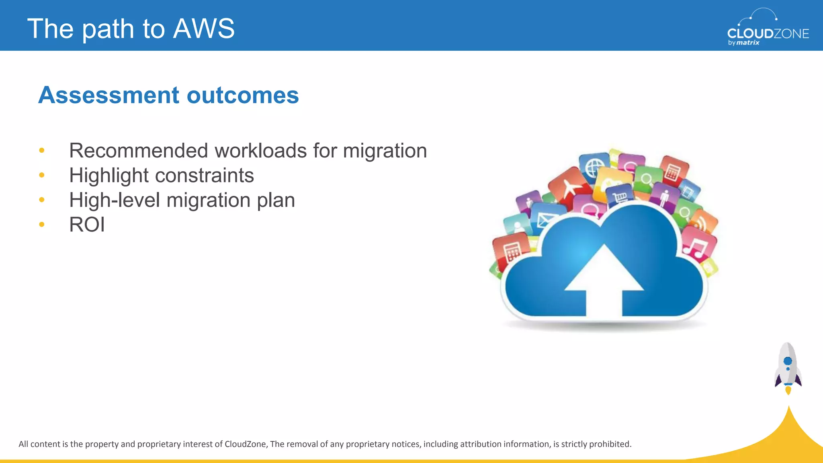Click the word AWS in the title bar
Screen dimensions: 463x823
pos(204,29)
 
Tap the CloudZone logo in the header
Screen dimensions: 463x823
pos(768,28)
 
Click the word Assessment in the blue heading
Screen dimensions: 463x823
pos(109,95)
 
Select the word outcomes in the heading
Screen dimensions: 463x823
pos(243,95)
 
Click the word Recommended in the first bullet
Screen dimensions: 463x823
pos(138,151)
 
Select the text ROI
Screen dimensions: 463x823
pos(87,224)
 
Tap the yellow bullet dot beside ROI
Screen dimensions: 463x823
pos(42,224)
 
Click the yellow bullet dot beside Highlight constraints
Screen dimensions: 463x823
pos(42,175)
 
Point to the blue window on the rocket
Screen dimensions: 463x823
pos(788,361)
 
